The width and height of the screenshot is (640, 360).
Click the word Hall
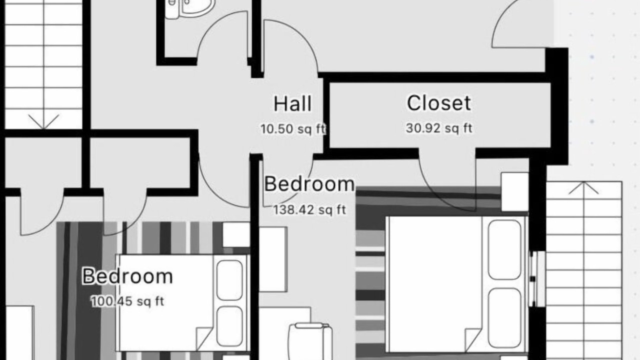click(x=292, y=103)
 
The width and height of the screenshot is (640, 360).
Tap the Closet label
click(x=439, y=103)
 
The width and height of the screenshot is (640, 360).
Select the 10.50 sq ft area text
click(x=293, y=129)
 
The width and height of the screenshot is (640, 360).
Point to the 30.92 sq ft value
click(x=439, y=128)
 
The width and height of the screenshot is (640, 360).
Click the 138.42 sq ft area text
click(x=309, y=210)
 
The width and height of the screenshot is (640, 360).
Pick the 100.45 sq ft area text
click(x=127, y=301)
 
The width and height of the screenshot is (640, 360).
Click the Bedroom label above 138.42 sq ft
click(x=309, y=184)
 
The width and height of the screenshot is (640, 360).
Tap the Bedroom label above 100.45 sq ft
click(x=127, y=276)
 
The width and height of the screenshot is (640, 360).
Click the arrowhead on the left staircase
click(x=43, y=121)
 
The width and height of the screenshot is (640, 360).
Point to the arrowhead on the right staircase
click(x=583, y=188)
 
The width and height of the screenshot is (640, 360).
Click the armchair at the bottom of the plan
click(x=310, y=341)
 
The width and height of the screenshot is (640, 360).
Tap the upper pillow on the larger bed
click(x=504, y=249)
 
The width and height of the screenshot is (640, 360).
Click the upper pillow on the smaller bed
click(x=229, y=280)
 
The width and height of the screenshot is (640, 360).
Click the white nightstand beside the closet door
click(x=515, y=191)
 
